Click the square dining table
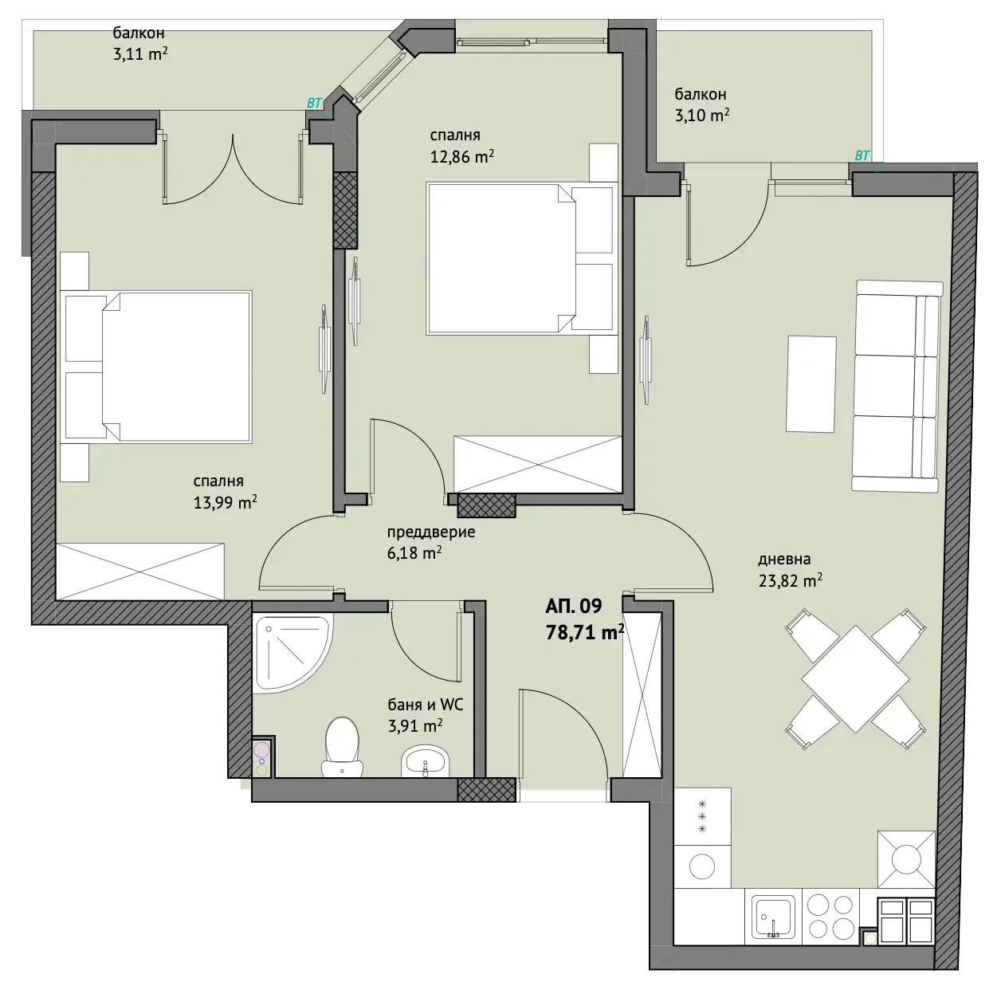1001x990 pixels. (x=855, y=678)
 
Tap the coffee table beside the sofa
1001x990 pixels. (x=811, y=384)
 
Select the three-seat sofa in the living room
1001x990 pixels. (x=896, y=386)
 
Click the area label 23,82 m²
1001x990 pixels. (x=790, y=580)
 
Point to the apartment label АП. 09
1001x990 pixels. (x=573, y=606)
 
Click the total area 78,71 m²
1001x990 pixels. (x=584, y=632)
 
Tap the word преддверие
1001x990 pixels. (x=430, y=532)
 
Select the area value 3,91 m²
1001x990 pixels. (x=415, y=725)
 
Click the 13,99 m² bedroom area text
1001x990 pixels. (x=225, y=502)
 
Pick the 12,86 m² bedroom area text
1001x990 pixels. (x=461, y=156)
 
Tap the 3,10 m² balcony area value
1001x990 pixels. (x=701, y=115)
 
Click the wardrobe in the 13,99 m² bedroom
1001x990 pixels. (x=140, y=572)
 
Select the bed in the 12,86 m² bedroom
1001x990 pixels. (x=520, y=258)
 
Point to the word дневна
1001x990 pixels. (x=784, y=560)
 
